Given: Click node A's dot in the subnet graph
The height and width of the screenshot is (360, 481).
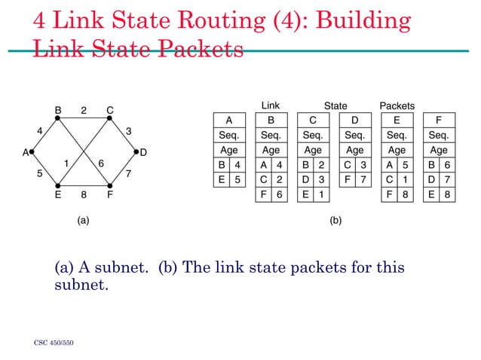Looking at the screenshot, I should (x=31, y=151).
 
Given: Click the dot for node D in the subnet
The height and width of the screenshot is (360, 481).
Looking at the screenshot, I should (x=136, y=151).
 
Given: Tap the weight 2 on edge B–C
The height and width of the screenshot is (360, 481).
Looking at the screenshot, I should (x=84, y=111).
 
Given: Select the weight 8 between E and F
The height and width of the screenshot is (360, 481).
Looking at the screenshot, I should (x=84, y=193).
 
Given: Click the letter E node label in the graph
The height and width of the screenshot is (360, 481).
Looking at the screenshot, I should (x=58, y=194).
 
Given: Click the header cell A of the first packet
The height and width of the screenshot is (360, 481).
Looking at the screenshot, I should (x=228, y=120).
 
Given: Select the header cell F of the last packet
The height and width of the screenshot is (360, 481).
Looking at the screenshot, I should (x=438, y=120).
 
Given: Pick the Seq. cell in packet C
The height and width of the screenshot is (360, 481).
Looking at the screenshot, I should (x=313, y=135).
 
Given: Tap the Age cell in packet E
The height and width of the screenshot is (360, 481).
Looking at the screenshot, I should (x=396, y=150).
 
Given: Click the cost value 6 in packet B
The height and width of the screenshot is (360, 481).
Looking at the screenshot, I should (x=279, y=194).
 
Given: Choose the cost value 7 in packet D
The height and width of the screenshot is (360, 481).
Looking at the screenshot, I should (x=363, y=179).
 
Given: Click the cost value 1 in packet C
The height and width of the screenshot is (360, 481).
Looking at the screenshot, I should (x=321, y=194).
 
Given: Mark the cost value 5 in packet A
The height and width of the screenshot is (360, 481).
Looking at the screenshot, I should (x=237, y=179).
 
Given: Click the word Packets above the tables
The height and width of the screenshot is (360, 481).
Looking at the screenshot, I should (x=397, y=106).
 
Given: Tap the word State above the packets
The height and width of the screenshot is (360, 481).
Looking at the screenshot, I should (x=335, y=106).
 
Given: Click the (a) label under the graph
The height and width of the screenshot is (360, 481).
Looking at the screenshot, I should (x=84, y=221).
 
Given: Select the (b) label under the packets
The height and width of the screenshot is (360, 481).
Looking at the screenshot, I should (x=335, y=221).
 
